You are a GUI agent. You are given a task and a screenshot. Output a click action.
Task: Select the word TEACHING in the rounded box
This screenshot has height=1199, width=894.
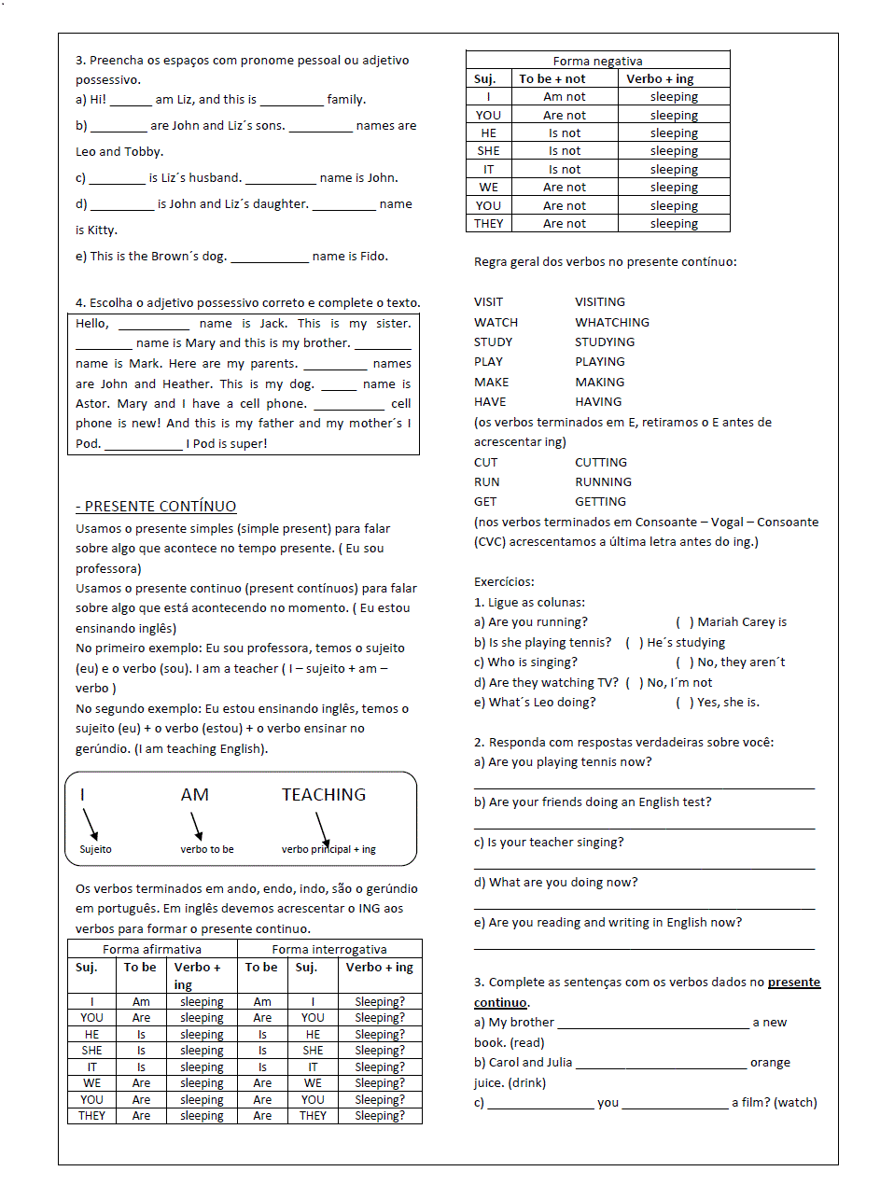(x=324, y=795)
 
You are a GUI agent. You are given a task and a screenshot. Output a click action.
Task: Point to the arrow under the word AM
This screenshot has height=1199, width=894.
(x=196, y=826)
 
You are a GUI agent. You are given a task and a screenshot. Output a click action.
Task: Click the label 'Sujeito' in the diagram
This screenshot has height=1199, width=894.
(x=95, y=849)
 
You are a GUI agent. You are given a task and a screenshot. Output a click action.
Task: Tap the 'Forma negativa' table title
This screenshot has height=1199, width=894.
(x=597, y=61)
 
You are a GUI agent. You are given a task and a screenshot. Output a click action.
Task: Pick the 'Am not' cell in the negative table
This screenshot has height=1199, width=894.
(x=565, y=97)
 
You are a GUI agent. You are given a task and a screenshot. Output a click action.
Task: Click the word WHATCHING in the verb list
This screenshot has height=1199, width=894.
(x=612, y=322)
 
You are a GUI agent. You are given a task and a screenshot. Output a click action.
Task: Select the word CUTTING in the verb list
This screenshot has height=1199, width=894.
(x=601, y=463)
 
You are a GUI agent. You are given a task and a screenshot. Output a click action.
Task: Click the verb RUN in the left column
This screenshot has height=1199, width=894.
(x=486, y=482)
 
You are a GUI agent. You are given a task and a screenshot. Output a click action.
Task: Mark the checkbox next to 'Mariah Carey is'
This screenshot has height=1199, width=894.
(x=684, y=622)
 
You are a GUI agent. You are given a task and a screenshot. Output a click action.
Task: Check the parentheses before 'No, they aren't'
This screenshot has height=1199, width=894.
(x=684, y=662)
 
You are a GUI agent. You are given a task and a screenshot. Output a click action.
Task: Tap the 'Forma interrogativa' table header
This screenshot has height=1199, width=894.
(x=329, y=949)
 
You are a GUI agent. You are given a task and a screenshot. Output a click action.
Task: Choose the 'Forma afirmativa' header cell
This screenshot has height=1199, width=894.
(x=152, y=949)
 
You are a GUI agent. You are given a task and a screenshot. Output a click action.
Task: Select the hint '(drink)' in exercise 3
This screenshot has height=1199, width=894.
(x=527, y=1083)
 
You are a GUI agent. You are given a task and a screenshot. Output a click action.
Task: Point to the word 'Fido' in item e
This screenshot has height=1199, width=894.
(x=372, y=257)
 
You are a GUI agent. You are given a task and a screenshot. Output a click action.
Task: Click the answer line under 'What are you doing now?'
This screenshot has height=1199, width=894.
(x=644, y=908)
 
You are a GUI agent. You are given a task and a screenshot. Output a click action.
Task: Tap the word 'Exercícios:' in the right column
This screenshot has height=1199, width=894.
(x=504, y=582)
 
